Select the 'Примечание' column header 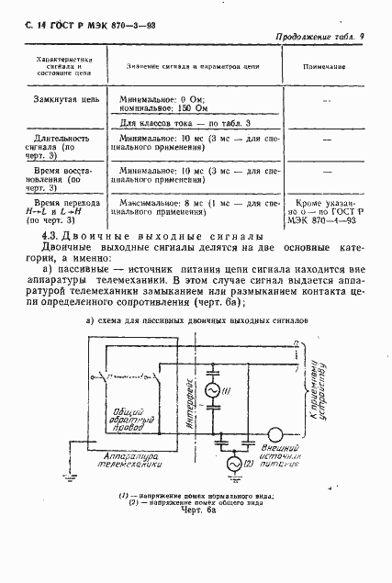coord(326,67)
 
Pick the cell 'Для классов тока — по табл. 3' coord(185,122)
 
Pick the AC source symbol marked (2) coord(235,467)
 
